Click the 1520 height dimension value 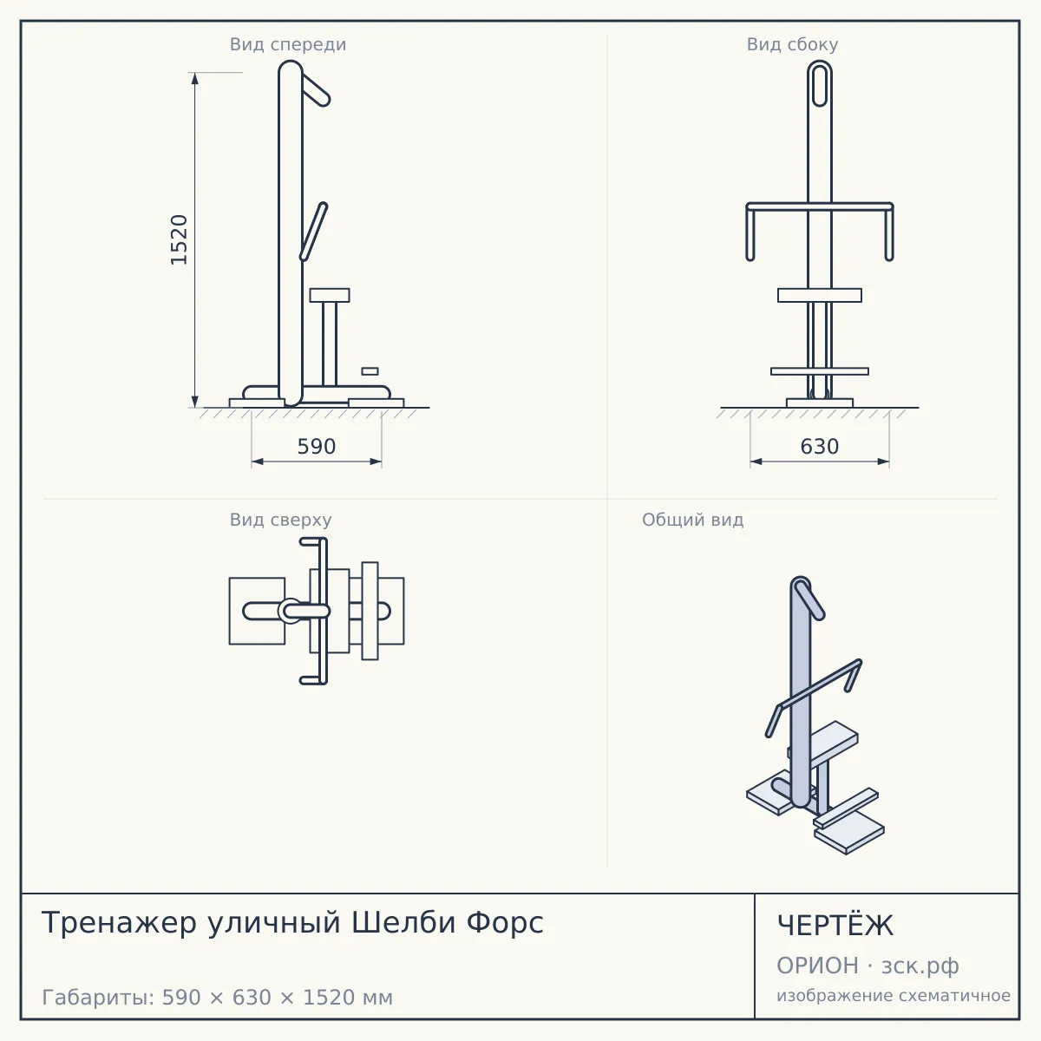click(179, 239)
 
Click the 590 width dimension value click(317, 447)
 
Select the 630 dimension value click(820, 447)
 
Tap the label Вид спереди click(288, 44)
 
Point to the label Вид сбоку click(793, 44)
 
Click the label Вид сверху click(280, 520)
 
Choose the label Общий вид click(692, 520)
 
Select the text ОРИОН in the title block click(817, 966)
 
